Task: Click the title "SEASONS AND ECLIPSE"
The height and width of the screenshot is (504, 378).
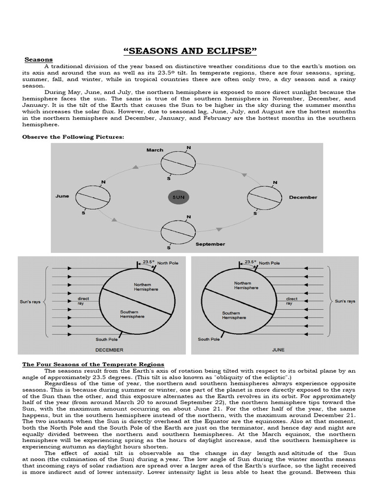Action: click(x=189, y=51)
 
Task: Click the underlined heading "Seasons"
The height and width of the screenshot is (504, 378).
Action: click(x=38, y=60)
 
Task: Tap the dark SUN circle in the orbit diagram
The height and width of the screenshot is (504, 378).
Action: click(x=179, y=197)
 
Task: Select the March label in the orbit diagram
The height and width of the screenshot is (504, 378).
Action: click(x=155, y=150)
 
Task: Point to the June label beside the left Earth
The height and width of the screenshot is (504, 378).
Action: click(x=62, y=196)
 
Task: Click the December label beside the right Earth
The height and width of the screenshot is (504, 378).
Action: click(x=303, y=197)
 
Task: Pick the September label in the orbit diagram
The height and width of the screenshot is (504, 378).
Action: click(x=210, y=244)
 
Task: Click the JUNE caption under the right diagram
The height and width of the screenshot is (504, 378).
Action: click(x=279, y=350)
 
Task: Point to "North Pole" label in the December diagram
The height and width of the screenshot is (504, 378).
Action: click(x=167, y=263)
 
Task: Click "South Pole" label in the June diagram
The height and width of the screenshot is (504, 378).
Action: click(x=209, y=339)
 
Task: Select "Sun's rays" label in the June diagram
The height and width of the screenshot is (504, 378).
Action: click(x=345, y=301)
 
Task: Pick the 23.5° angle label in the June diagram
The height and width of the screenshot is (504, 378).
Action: click(x=250, y=262)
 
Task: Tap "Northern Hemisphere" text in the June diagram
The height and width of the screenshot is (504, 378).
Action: click(x=243, y=285)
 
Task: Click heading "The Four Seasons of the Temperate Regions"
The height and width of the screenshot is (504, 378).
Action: click(x=93, y=364)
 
